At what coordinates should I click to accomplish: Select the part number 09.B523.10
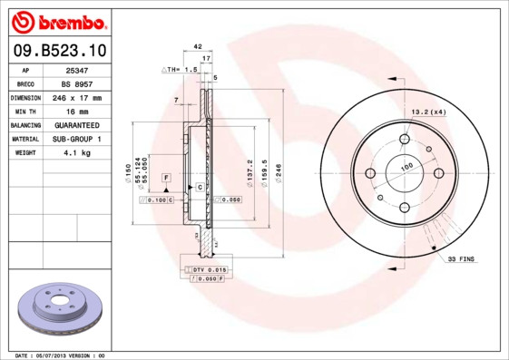[x=57, y=52]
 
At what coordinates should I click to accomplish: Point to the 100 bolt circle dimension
[x=406, y=167]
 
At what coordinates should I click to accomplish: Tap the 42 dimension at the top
[x=197, y=44]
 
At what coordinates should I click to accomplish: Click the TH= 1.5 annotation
[x=180, y=69]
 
